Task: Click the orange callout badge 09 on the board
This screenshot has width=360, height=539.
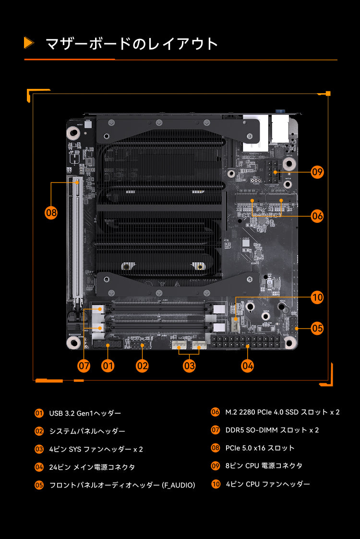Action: pyautogui.click(x=317, y=171)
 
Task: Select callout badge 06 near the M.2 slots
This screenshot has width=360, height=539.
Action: pyautogui.click(x=317, y=216)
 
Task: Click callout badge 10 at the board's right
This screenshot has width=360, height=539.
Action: pyautogui.click(x=317, y=298)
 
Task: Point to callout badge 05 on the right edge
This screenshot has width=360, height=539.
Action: pyautogui.click(x=317, y=329)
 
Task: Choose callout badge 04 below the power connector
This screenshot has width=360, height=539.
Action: pyautogui.click(x=248, y=366)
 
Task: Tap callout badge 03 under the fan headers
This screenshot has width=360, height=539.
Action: pyautogui.click(x=189, y=366)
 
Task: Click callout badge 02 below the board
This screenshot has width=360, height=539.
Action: pyautogui.click(x=142, y=366)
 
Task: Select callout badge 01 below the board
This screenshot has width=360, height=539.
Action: pyautogui.click(x=108, y=366)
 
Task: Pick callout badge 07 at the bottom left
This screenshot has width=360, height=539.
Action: pyautogui.click(x=84, y=366)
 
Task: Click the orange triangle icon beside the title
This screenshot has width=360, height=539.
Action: pyautogui.click(x=29, y=43)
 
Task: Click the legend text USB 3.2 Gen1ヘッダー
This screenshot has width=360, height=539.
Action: pyautogui.click(x=85, y=413)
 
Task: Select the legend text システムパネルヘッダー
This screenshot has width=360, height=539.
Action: pyautogui.click(x=87, y=431)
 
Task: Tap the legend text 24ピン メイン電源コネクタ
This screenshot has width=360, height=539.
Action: pyautogui.click(x=92, y=467)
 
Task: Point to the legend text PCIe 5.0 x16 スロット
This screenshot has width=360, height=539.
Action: pyautogui.click(x=260, y=448)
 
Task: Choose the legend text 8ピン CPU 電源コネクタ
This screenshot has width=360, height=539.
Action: pyautogui.click(x=264, y=466)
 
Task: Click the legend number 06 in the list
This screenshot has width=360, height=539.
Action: pyautogui.click(x=216, y=412)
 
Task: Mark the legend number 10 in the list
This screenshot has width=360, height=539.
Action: pyautogui.click(x=216, y=484)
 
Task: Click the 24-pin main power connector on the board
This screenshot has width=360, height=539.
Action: pyautogui.click(x=245, y=342)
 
